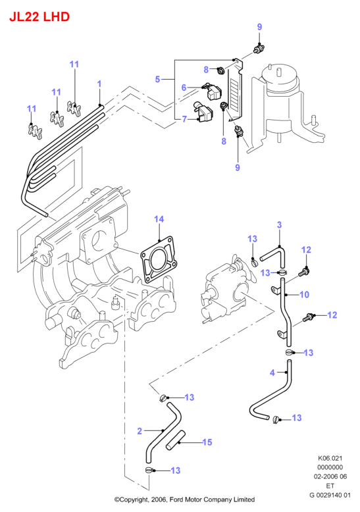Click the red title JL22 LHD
pyautogui.click(x=39, y=16)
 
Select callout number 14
pyautogui.click(x=159, y=219)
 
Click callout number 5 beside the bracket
pyautogui.click(x=157, y=79)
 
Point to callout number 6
pyautogui.click(x=184, y=87)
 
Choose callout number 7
pyautogui.click(x=184, y=119)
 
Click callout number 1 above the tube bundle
pyautogui.click(x=99, y=84)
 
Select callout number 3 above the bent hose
pyautogui.click(x=279, y=224)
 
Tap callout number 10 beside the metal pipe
pyautogui.click(x=304, y=295)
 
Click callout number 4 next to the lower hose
pyautogui.click(x=272, y=372)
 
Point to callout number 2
pyautogui.click(x=140, y=431)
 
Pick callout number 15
pyautogui.click(x=207, y=442)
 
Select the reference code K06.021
pyautogui.click(x=330, y=458)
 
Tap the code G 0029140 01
pyautogui.click(x=330, y=495)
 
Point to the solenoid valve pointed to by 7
pyautogui.click(x=203, y=113)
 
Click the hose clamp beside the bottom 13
pyautogui.click(x=149, y=470)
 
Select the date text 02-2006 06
pyautogui.click(x=330, y=476)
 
